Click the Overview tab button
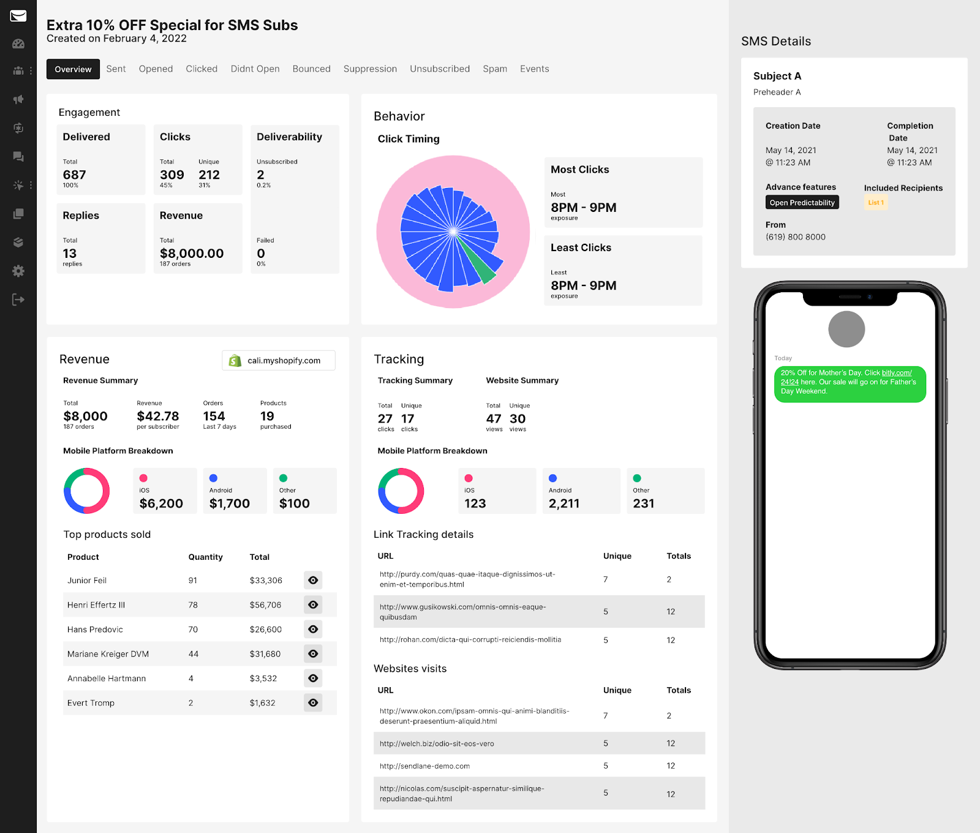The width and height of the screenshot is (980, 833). (73, 69)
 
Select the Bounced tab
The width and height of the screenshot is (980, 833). (311, 69)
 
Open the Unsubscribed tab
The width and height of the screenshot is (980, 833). (439, 69)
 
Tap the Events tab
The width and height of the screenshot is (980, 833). (534, 69)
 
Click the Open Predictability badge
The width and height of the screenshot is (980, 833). (802, 203)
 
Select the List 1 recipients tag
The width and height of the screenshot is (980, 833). (876, 203)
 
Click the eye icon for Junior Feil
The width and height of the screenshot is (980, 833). (313, 580)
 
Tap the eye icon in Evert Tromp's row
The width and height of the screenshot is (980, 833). (313, 703)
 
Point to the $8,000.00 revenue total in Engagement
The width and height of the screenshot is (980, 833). (192, 254)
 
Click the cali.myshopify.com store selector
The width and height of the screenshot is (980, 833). (279, 361)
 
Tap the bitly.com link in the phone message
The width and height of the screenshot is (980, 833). (896, 373)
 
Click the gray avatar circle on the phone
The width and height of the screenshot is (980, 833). (846, 330)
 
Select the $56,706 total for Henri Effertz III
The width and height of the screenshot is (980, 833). (265, 605)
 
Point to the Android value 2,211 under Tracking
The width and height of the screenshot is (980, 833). (564, 503)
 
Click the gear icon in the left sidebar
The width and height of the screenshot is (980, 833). (18, 271)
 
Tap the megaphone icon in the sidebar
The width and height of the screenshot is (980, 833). (18, 99)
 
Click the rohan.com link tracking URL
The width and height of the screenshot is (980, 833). (470, 639)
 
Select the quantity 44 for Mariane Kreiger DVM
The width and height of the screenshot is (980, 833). (194, 654)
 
